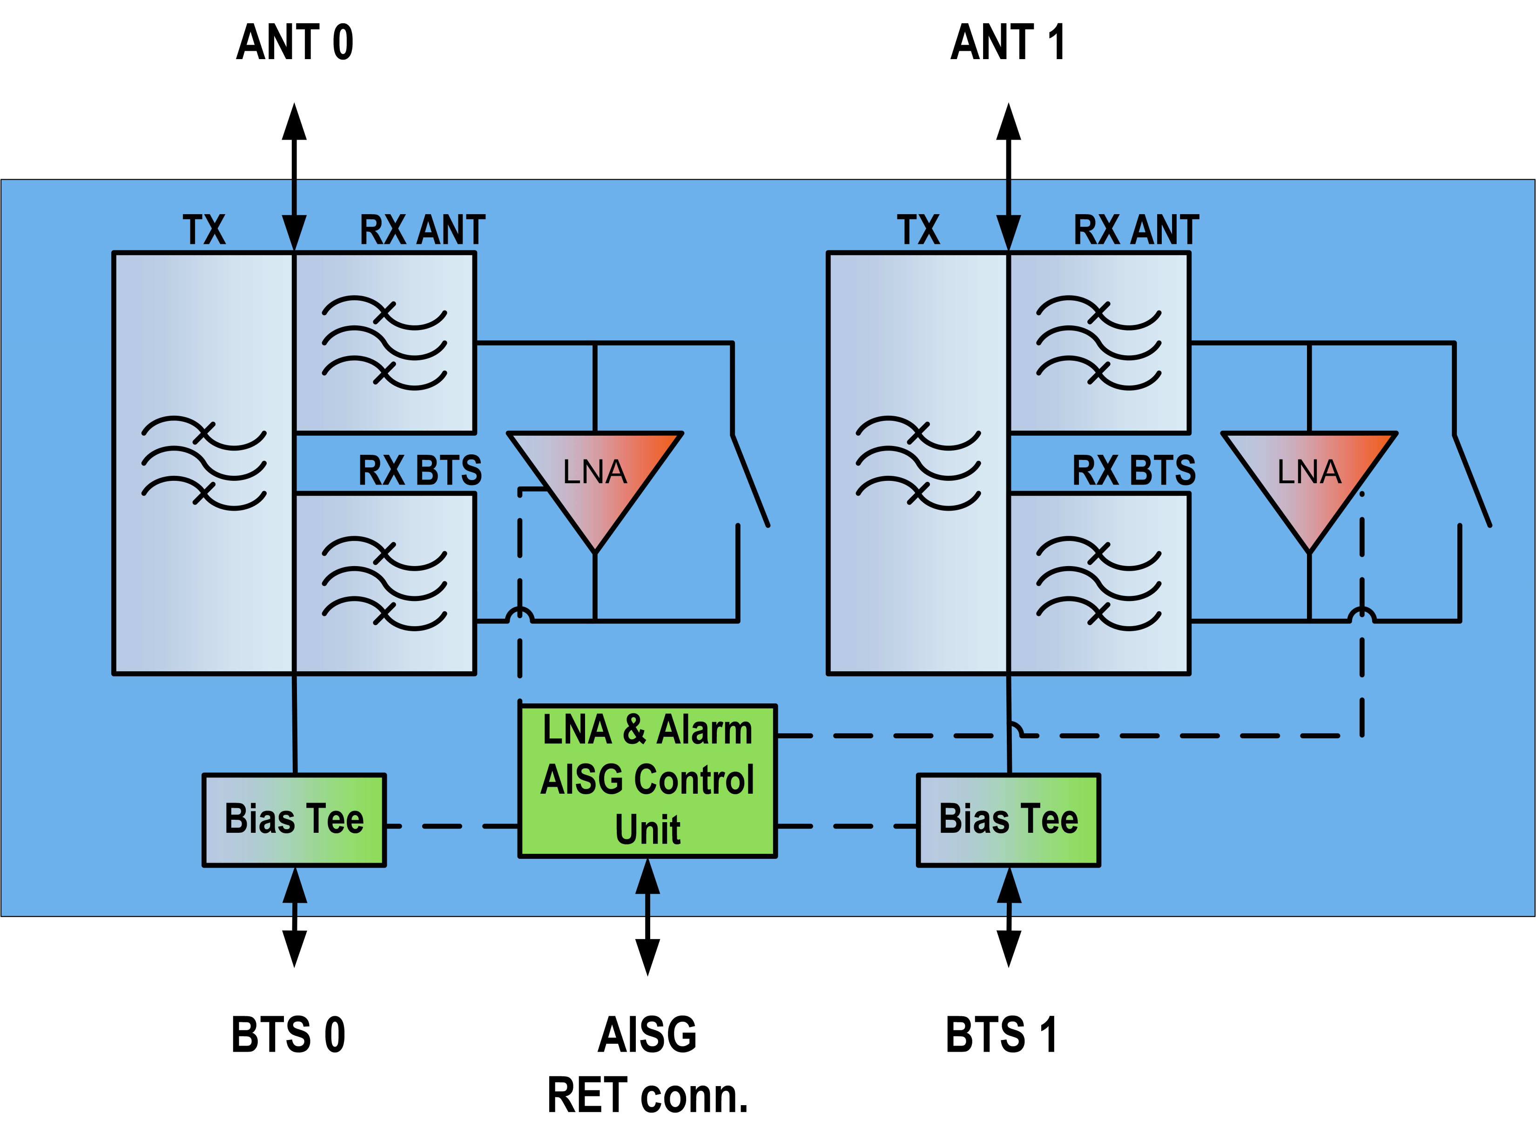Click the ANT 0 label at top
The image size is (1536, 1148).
pos(295,43)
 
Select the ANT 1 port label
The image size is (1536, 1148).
pos(1008,43)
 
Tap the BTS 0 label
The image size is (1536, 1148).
pos(288,1035)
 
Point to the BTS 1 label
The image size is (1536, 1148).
pos(1001,1035)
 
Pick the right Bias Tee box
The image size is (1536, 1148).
pos(1008,819)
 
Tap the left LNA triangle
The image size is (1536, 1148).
pos(595,479)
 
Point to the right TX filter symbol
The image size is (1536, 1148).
pos(918,463)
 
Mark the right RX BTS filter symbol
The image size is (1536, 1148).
pos(1098,583)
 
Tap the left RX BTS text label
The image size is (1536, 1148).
pos(420,471)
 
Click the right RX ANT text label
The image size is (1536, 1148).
pos(1136,230)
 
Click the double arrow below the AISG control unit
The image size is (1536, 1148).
pos(648,917)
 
